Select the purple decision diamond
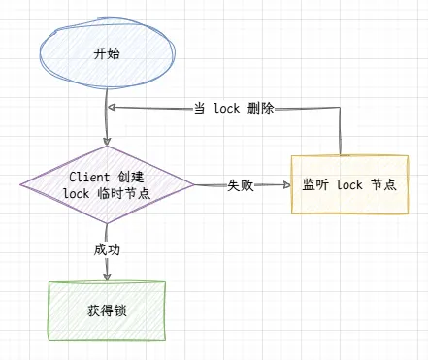point(107,185)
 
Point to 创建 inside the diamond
point(131,177)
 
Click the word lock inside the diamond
point(77,194)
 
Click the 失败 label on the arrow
point(241,185)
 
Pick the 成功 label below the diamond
point(107,249)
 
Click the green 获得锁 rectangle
point(107,311)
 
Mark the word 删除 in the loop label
point(260,109)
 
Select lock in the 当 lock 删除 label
point(228,109)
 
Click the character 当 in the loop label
point(200,109)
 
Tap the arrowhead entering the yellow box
point(285,185)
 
